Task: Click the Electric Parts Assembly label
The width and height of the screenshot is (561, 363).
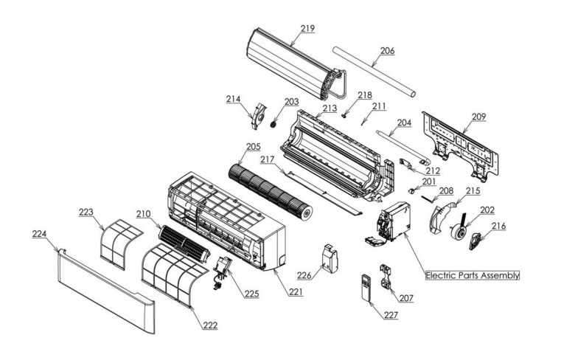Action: click(473, 274)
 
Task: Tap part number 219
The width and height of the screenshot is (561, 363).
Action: click(307, 28)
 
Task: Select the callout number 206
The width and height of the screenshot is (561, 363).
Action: click(387, 51)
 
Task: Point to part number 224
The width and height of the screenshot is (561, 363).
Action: click(39, 233)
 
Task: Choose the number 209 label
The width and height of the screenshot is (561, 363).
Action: click(478, 116)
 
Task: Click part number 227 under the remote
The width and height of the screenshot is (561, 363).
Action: click(390, 314)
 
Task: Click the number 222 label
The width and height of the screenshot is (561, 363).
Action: click(210, 325)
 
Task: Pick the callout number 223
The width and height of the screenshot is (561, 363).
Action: click(87, 212)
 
